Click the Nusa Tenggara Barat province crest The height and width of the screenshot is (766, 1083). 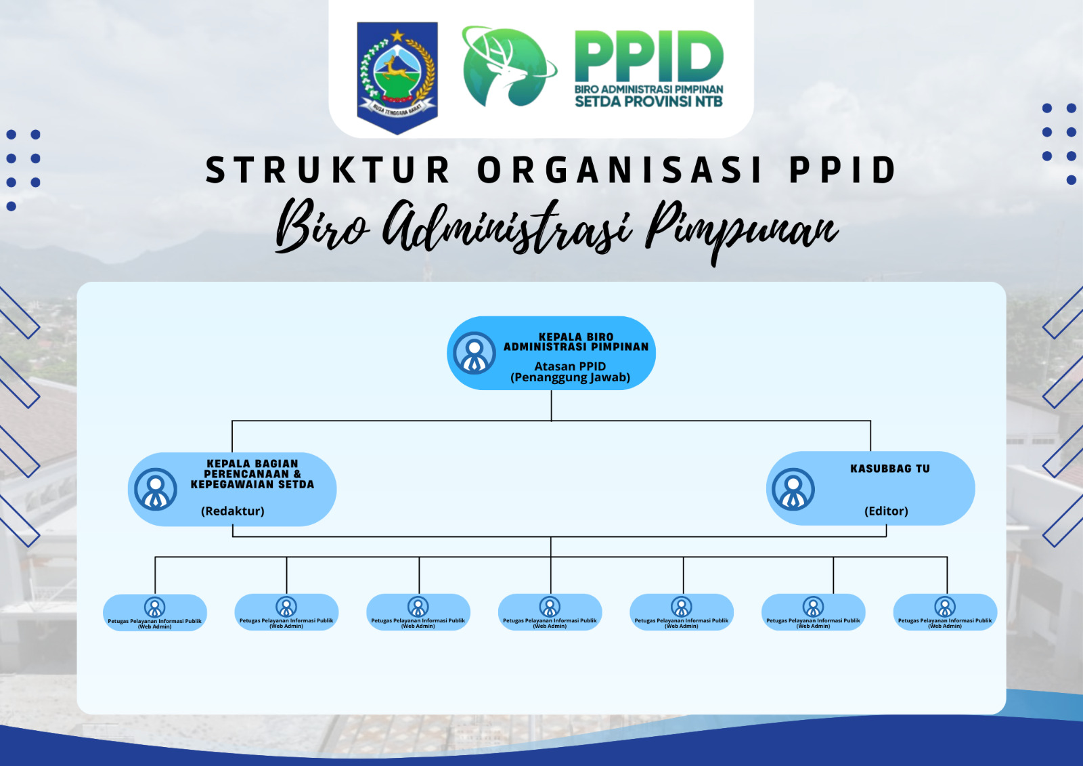[x=397, y=77]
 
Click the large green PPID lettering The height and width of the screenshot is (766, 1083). [x=648, y=56]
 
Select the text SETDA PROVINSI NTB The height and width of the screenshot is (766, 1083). [x=648, y=102]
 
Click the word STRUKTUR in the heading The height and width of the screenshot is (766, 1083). [x=328, y=170]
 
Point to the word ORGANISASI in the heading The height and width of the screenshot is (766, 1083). [x=620, y=170]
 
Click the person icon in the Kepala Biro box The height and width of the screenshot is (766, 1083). [x=474, y=353]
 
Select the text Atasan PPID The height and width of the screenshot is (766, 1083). [x=570, y=366]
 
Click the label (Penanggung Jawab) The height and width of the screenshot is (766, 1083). [x=570, y=378]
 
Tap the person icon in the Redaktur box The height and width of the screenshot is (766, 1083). [x=156, y=489]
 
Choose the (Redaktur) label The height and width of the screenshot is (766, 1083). [x=232, y=511]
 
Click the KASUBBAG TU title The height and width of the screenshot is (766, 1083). [x=889, y=469]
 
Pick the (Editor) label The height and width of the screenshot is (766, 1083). [x=886, y=511]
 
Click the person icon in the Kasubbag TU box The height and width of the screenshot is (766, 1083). [x=793, y=489]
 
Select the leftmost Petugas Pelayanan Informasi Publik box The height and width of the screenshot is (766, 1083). [x=155, y=613]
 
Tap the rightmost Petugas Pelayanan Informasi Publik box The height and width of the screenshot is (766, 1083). [x=945, y=612]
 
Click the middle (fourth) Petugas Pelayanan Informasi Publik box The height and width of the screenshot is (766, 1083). [x=550, y=612]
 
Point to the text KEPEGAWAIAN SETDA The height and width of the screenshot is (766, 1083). [x=252, y=485]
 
